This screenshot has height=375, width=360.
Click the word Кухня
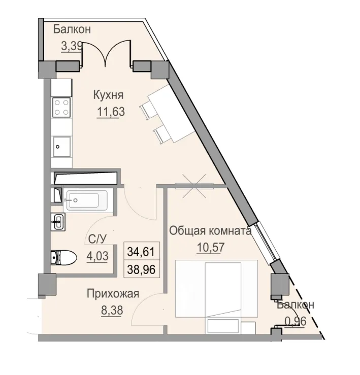click(x=108, y=95)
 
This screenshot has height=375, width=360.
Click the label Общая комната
click(x=210, y=231)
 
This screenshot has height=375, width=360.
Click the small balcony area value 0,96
click(x=295, y=321)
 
